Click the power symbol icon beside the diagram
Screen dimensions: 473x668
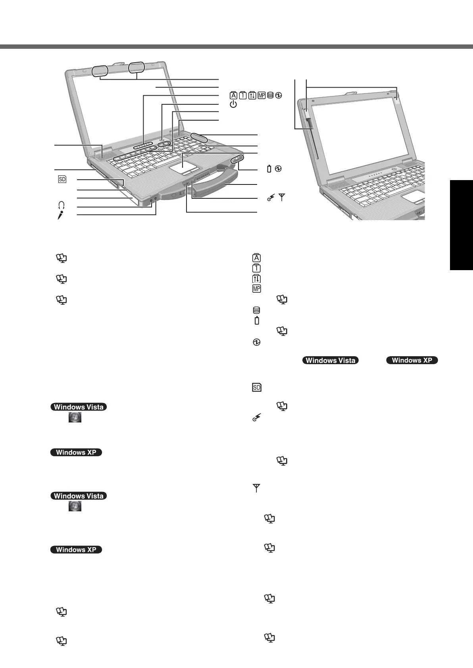[233, 104]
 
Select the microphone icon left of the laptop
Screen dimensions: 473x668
[61, 215]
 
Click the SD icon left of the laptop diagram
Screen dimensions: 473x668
[62, 179]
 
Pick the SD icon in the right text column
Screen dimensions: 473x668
[257, 387]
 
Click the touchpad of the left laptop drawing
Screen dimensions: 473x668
[183, 165]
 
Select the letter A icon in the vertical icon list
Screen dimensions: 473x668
[257, 258]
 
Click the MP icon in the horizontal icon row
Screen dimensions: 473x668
[261, 95]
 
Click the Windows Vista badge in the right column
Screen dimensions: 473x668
[331, 360]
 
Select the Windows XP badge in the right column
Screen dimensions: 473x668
[412, 360]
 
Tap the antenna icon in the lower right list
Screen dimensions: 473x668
[256, 489]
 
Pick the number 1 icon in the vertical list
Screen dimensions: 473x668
[257, 268]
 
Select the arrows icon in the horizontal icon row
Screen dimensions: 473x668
[252, 95]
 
